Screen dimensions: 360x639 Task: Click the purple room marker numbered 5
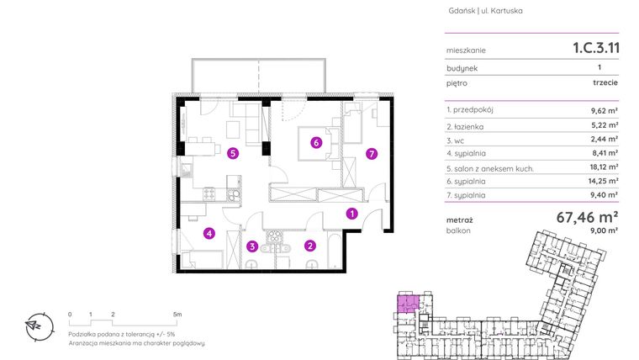(232, 153)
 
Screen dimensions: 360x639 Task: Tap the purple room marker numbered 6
(315, 142)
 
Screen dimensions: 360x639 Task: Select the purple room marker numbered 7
(371, 154)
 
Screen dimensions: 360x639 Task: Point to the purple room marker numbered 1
(352, 214)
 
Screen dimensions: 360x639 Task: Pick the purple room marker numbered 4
(209, 234)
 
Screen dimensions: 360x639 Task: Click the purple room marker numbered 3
(252, 246)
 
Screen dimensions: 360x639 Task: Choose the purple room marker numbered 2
(310, 246)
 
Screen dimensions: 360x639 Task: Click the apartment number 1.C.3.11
(589, 48)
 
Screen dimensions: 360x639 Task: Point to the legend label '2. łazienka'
(470, 126)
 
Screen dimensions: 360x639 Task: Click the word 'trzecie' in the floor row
(605, 84)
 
